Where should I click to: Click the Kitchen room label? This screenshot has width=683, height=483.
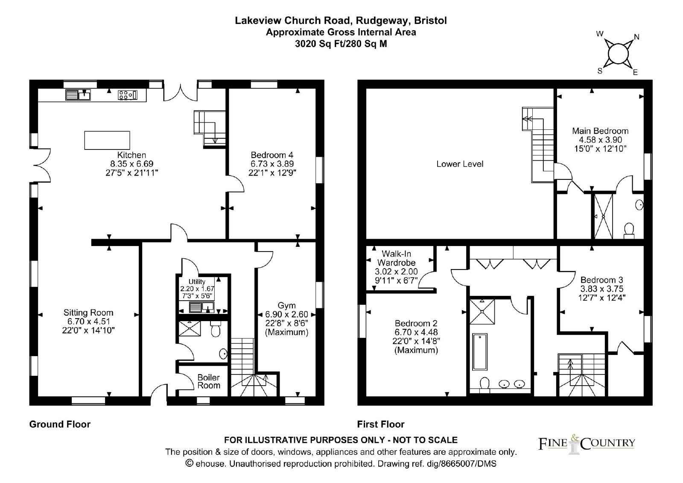coord(132,155)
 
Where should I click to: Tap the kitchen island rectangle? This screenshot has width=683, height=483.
coord(107,141)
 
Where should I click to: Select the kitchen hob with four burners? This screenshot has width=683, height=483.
coord(128,95)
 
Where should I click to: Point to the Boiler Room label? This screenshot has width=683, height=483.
coord(209,381)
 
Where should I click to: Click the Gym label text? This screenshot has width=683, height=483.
coord(286,305)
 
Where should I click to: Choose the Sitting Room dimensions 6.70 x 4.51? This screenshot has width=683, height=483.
coord(88,321)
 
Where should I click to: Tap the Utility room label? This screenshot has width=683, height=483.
coord(197,281)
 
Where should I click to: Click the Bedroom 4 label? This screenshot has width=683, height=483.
coord(272,155)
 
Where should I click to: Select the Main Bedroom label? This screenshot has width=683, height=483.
coord(600,131)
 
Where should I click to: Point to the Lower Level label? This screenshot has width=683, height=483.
coord(460,164)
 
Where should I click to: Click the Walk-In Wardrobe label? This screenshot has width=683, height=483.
coord(397,258)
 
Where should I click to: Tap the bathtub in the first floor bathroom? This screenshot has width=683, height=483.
coord(480,351)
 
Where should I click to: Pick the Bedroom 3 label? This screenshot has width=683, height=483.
coord(601,280)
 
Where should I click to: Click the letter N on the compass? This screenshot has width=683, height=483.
coord(636,37)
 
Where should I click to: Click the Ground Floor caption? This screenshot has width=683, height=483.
coord(60,424)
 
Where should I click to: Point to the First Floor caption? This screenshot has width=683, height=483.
coord(381,424)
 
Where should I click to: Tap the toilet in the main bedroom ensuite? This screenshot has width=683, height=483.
coord(629,230)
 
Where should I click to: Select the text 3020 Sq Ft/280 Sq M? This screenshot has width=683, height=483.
coord(341,44)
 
